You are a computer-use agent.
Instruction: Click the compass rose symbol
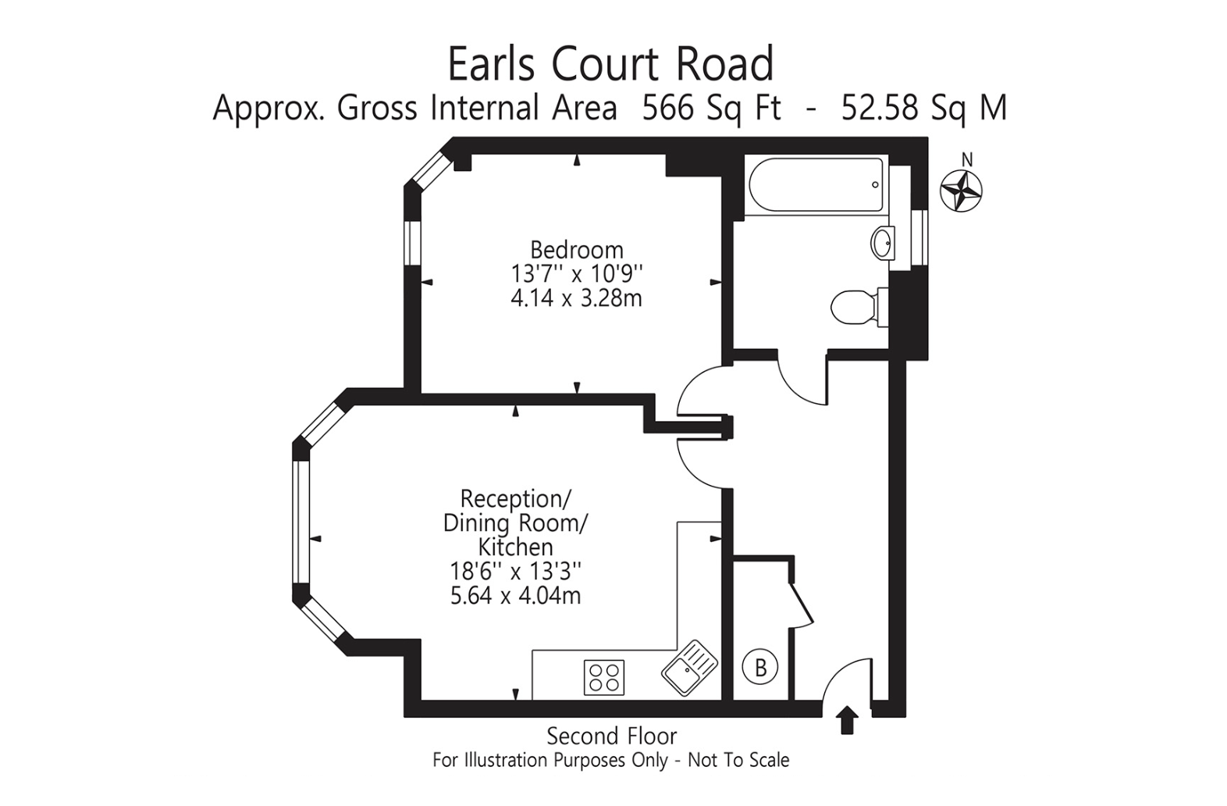961,191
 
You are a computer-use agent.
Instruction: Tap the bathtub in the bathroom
816,184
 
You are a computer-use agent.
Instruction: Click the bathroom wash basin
883,242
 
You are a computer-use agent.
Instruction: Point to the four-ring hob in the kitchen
604,677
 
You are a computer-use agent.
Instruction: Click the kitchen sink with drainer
690,668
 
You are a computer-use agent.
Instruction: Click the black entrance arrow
848,719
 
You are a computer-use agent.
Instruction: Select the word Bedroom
577,250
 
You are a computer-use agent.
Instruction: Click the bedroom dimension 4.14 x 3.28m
576,298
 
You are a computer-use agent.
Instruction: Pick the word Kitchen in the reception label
515,547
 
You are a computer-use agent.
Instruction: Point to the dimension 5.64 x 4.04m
515,596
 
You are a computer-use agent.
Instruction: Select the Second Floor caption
612,736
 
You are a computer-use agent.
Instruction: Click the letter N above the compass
967,160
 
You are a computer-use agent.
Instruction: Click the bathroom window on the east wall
923,237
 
